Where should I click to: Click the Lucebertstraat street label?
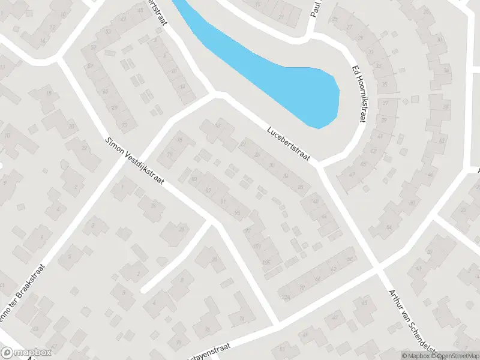(289, 143)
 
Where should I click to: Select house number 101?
(257, 247)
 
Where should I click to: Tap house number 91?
(223, 201)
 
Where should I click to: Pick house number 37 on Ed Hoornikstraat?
(386, 104)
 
